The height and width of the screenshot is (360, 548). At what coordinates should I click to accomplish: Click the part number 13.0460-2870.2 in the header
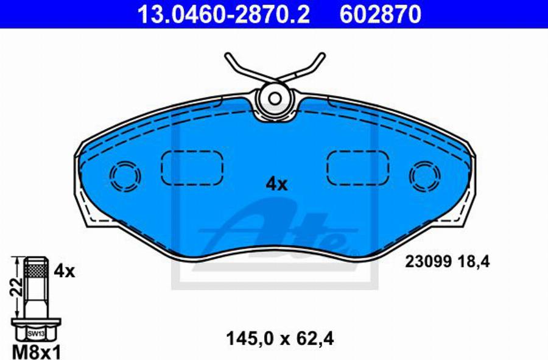pos(223,15)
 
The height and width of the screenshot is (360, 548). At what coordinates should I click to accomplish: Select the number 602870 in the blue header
pos(380,15)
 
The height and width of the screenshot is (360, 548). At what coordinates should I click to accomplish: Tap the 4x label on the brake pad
pos(276,184)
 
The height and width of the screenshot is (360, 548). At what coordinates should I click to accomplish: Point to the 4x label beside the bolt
pos(65,271)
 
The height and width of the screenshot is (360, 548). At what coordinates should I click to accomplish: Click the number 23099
pos(429,261)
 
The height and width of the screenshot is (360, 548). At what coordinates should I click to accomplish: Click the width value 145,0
pos(248,338)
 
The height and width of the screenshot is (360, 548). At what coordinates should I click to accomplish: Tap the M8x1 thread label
pos(36,350)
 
